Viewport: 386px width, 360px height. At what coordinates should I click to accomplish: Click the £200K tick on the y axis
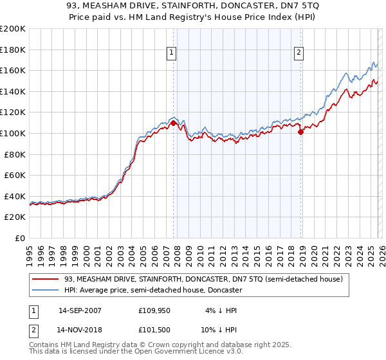(13, 29)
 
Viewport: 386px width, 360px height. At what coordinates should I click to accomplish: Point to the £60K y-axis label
(15, 175)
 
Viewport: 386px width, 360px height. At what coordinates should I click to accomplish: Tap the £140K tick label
(13, 91)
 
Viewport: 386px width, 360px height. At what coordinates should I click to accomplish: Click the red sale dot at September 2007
(174, 123)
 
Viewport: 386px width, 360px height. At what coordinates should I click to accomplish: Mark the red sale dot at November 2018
(300, 132)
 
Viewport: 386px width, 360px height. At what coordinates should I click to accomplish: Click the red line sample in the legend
(46, 279)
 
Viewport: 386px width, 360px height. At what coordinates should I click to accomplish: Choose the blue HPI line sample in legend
(46, 290)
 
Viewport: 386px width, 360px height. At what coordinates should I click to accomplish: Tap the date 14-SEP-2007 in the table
(80, 310)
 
